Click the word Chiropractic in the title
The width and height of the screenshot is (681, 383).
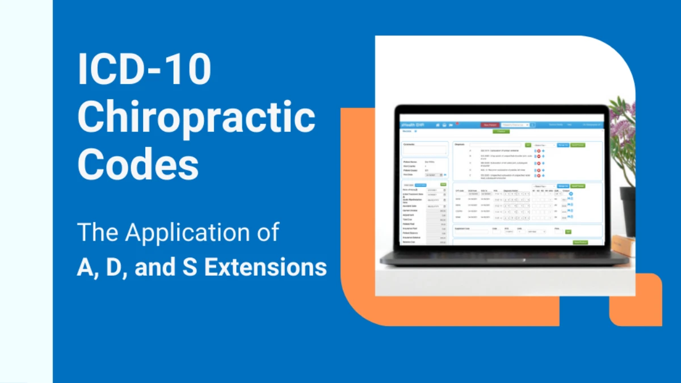[196, 117]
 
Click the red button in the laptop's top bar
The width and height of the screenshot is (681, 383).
[489, 125]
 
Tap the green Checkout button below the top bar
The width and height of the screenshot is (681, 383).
[501, 131]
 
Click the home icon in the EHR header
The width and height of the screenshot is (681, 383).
[438, 125]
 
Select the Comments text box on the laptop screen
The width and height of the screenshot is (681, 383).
[424, 150]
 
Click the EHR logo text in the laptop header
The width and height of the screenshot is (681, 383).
[413, 125]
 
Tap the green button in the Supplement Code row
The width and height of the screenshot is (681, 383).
[567, 232]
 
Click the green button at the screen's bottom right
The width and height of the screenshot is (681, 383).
[580, 242]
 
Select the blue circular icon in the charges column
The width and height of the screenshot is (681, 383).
[571, 194]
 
